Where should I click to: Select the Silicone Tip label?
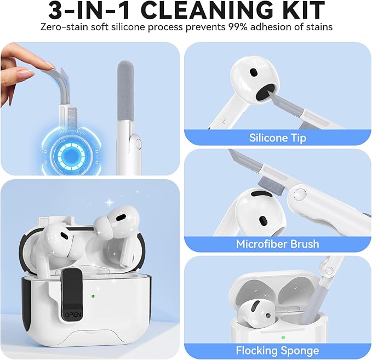click(x=278, y=138)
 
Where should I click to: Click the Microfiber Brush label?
click(x=278, y=244)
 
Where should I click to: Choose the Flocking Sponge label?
click(x=278, y=351)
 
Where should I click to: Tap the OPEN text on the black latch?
click(x=73, y=315)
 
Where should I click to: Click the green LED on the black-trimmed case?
click(x=93, y=296)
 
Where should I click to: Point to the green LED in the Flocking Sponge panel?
click(x=283, y=338)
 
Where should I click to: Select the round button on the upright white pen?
click(x=139, y=144)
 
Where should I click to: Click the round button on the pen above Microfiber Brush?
click(x=299, y=194)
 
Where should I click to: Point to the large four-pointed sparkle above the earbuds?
click(x=110, y=202)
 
